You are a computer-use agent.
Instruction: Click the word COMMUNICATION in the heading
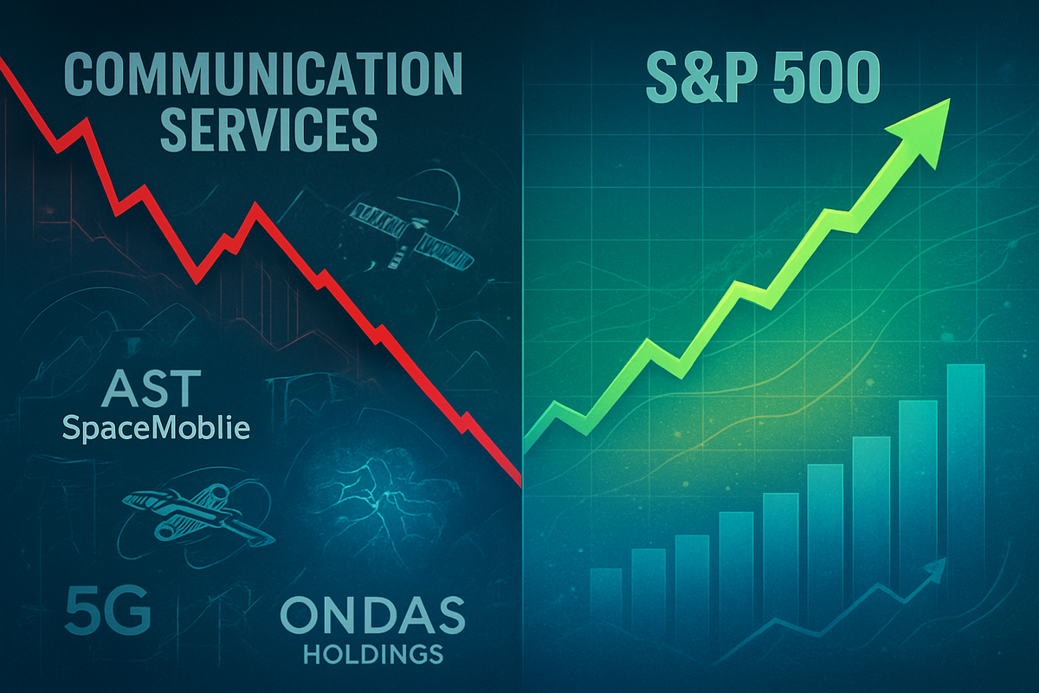click(263, 74)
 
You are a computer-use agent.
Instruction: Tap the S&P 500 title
click(763, 77)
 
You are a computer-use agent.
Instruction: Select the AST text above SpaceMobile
click(152, 388)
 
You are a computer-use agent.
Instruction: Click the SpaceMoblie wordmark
click(156, 428)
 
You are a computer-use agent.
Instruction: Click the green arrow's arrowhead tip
click(950, 99)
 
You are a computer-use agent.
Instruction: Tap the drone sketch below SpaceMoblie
click(197, 515)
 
